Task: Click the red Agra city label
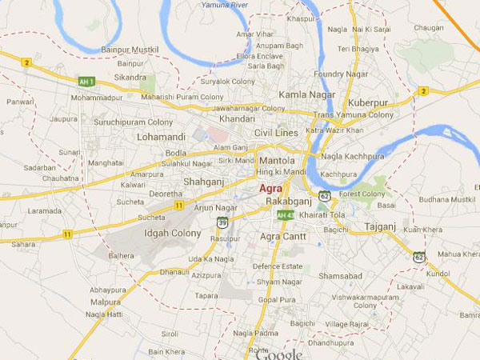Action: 270,188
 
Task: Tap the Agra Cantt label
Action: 282,237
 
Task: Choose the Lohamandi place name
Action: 161,137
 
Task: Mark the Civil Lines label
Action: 276,133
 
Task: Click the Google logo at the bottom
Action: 278,354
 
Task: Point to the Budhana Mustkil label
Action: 443,199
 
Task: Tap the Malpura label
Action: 106,303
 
